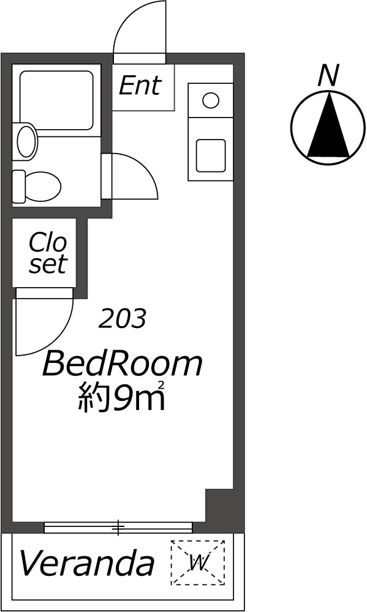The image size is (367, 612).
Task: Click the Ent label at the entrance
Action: coord(140,86)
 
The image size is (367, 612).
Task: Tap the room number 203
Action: coord(123,318)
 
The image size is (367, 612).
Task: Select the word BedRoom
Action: coord(123,363)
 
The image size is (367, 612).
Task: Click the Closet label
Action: coord(48,253)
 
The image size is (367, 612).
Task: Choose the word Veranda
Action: coord(86,563)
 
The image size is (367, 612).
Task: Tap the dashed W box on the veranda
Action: coord(198,562)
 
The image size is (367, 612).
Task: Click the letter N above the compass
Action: coord(328,75)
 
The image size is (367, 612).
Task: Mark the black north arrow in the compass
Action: coord(328,124)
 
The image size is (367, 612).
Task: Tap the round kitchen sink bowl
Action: coord(211,100)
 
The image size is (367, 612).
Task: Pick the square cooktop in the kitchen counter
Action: coord(211,155)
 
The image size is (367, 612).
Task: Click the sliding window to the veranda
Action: coord(118,527)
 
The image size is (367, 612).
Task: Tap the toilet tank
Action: coord(18,187)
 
